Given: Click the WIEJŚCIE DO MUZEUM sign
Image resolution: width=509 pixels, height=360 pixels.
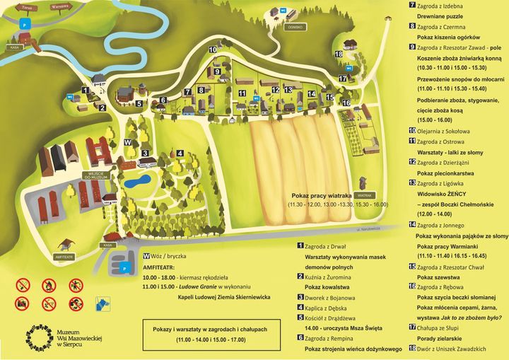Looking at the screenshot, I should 96,175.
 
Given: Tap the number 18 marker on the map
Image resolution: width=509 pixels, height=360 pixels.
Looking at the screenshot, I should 339,54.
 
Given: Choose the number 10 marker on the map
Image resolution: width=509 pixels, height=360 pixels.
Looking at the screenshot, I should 213,50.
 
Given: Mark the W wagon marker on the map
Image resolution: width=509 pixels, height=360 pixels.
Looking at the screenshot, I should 127,142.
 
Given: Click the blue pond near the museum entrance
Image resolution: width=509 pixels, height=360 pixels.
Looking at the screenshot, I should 136,181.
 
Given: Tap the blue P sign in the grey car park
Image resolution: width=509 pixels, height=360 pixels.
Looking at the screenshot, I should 125,269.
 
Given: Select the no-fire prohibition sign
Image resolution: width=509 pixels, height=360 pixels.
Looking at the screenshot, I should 49,286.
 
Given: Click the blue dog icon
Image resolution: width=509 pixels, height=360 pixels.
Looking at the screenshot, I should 104,303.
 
